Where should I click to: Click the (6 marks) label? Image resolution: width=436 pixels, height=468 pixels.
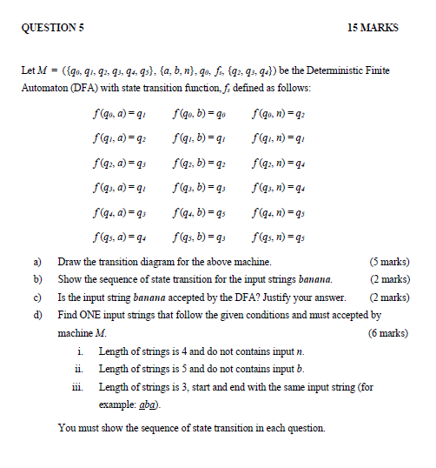tap(389, 332)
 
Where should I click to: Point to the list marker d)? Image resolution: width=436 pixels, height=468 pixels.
tap(38, 314)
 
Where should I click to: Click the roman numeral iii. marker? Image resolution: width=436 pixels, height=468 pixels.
tap(82, 386)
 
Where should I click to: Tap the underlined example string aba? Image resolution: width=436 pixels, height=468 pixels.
tap(146, 404)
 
